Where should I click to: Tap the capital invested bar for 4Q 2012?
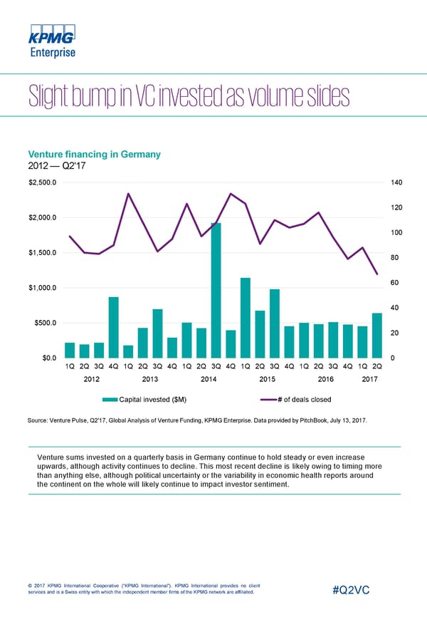pyautogui.click(x=113, y=328)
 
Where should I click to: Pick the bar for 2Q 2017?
pyautogui.click(x=377, y=336)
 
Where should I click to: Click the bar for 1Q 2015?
pyautogui.click(x=245, y=318)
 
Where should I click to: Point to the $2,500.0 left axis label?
pyautogui.click(x=43, y=182)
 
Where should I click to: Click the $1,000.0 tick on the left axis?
pyautogui.click(x=43, y=288)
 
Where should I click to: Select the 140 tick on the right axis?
pyautogui.click(x=397, y=182)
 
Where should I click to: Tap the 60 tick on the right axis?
pyautogui.click(x=396, y=283)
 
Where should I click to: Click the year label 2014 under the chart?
pyautogui.click(x=209, y=379)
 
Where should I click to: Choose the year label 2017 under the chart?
pyautogui.click(x=369, y=379)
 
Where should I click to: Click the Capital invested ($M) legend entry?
pyautogui.click(x=153, y=398)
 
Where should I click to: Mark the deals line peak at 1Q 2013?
pyautogui.click(x=128, y=194)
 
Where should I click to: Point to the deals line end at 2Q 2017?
pyautogui.click(x=377, y=274)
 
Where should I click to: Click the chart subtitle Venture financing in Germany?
pyautogui.click(x=94, y=155)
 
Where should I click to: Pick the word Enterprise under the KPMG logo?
pyautogui.click(x=51, y=52)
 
